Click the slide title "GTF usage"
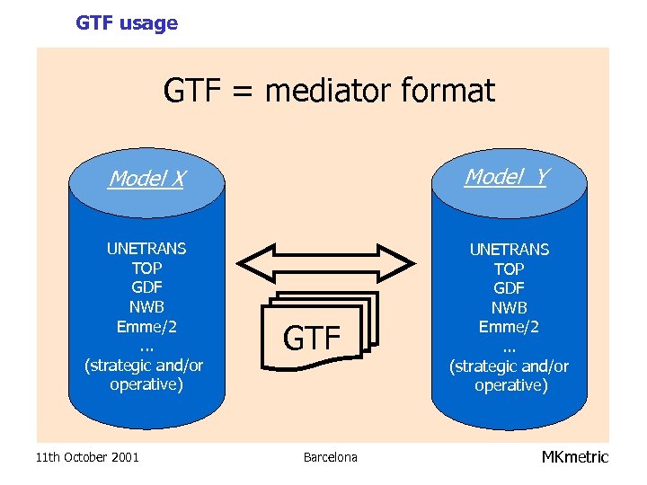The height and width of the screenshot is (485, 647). click(x=127, y=23)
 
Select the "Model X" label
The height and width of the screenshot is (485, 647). click(x=146, y=179)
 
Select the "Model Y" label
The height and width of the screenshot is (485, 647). click(x=506, y=177)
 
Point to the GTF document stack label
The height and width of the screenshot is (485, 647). click(x=312, y=339)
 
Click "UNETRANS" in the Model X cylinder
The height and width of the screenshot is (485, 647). click(x=146, y=249)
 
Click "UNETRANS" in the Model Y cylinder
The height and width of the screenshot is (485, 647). click(x=509, y=250)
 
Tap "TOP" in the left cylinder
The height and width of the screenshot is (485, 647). click(x=146, y=268)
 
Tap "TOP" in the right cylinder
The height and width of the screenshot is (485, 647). click(x=509, y=269)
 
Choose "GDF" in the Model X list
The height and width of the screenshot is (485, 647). click(x=146, y=287)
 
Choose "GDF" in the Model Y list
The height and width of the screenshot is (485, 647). click(x=509, y=288)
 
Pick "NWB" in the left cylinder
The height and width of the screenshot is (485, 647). click(x=146, y=307)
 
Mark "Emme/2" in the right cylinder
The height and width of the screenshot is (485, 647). click(x=509, y=327)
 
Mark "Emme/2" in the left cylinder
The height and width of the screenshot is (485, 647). click(x=146, y=326)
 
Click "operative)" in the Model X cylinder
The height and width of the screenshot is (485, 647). click(x=146, y=384)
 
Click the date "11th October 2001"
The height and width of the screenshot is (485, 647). click(x=87, y=458)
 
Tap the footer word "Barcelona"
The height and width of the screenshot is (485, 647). click(x=330, y=458)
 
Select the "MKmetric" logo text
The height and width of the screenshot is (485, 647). click(x=574, y=457)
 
